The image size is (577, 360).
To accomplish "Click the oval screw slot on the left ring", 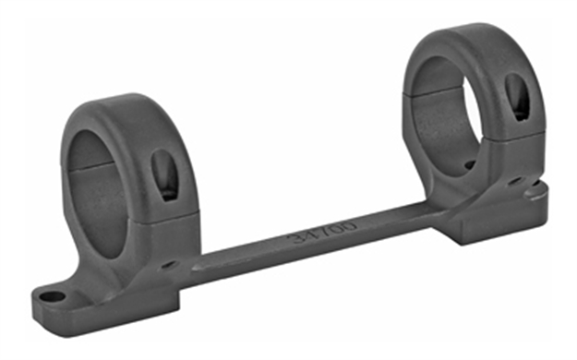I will point(163,174).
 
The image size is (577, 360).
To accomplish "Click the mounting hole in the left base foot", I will point(54,297).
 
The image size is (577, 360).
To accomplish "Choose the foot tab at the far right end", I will point(535,191).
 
